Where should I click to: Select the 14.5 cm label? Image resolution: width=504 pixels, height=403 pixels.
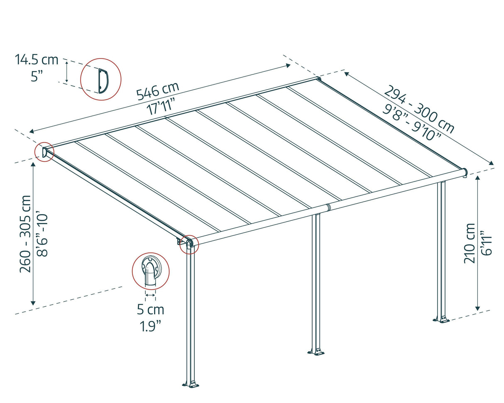coord(37,60)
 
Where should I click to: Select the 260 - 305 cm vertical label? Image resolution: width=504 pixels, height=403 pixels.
coord(26,234)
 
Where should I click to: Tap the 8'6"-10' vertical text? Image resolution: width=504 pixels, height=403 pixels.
coord(42,234)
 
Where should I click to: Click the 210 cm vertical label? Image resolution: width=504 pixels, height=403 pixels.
coord(470,243)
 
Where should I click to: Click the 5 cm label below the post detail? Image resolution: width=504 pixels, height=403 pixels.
coord(150,310)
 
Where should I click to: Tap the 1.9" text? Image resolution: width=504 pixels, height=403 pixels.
coord(150,326)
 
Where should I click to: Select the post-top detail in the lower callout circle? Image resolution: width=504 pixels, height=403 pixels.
coord(150,272)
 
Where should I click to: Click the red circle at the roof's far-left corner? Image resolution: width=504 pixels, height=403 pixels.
coord(44,152)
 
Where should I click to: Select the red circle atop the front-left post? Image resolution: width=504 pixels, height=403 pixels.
coord(189,244)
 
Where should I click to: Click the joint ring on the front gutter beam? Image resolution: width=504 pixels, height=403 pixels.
coord(328,207)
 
